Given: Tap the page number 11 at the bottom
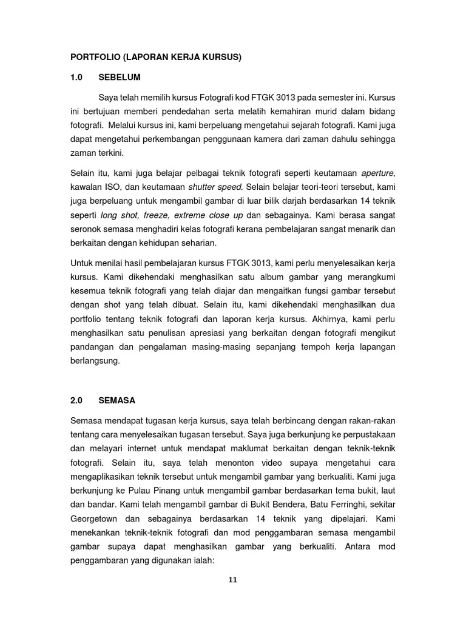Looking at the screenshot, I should (232, 580).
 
